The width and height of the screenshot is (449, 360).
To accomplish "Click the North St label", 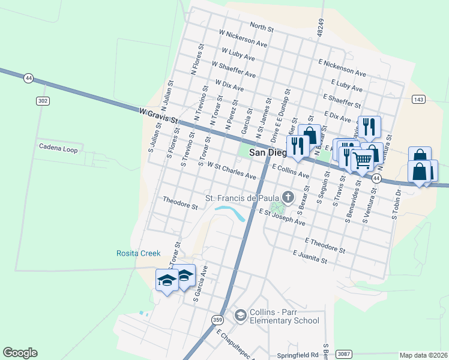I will click(x=262, y=27).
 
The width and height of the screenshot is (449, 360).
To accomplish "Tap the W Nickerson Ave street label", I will click(x=243, y=40).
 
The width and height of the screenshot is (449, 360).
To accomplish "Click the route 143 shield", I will click(x=418, y=99).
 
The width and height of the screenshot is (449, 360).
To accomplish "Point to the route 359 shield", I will click(x=217, y=320).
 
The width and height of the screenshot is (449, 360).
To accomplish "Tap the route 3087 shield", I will click(x=343, y=354).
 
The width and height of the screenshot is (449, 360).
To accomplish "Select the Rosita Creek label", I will click(x=138, y=253).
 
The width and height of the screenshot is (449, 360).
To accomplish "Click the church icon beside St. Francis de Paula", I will click(x=289, y=197).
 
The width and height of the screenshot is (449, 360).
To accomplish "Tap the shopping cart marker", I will click(x=362, y=160).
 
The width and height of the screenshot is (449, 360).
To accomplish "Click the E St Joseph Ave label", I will click(x=282, y=217).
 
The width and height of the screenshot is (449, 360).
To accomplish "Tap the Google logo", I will click(x=20, y=353).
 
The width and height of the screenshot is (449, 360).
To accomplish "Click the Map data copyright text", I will click(x=424, y=355).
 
